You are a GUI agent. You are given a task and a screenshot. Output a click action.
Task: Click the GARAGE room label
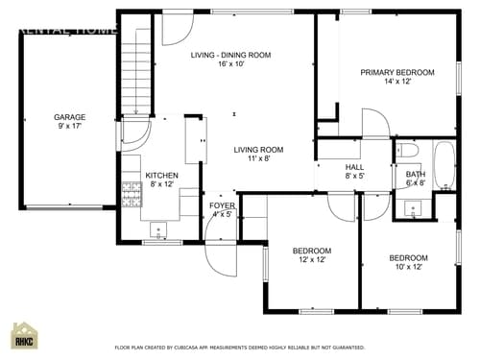[x=69, y=117]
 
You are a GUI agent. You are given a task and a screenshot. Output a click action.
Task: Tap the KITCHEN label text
[x=161, y=176]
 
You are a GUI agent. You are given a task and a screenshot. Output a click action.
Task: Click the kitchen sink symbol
[x=158, y=228]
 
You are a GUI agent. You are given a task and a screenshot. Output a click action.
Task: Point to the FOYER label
[x=222, y=205]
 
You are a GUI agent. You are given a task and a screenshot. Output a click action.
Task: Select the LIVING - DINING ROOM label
[x=229, y=56]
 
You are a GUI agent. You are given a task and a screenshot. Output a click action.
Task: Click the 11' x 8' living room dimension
[x=259, y=160]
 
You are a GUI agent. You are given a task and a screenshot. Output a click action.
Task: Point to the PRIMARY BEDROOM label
[x=396, y=72]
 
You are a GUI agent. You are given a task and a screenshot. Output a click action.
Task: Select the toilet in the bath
[x=405, y=151]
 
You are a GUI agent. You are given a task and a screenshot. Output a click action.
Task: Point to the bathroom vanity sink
[x=417, y=207]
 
